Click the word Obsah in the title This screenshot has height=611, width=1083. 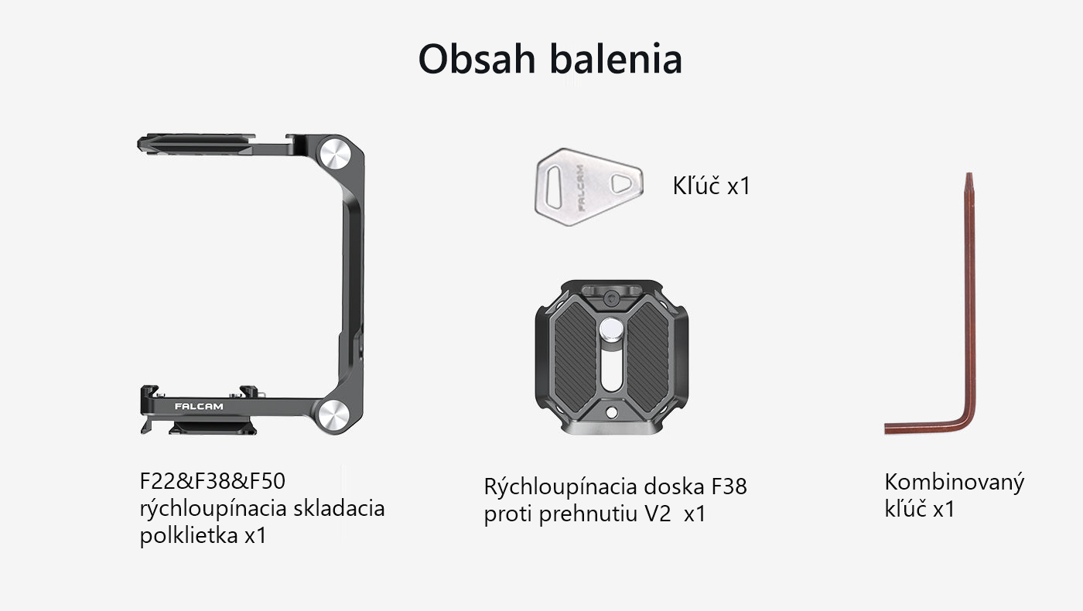click(x=477, y=59)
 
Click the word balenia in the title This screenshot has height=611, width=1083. click(x=616, y=59)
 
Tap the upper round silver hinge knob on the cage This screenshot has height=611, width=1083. click(x=335, y=154)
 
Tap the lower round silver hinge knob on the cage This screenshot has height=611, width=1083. click(x=333, y=415)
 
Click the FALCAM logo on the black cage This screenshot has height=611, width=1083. click(x=199, y=407)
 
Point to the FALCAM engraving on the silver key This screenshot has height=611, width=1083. click(x=580, y=188)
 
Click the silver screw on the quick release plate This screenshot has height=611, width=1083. click(x=611, y=329)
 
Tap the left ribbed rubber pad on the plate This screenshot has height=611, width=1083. click(x=576, y=357)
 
